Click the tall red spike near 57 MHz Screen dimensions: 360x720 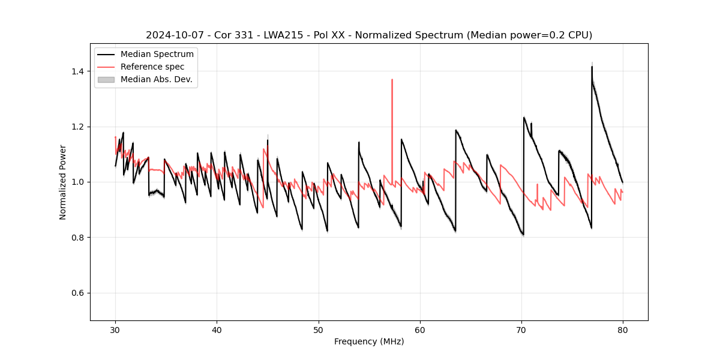click(x=392, y=80)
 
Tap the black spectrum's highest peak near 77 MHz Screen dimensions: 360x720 click(x=592, y=67)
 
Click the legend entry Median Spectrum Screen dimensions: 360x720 click(x=157, y=55)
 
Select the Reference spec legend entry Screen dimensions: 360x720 click(x=152, y=67)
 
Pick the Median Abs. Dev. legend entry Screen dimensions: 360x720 click(x=156, y=79)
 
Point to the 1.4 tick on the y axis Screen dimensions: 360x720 click(x=79, y=71)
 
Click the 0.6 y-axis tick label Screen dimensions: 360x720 click(x=79, y=293)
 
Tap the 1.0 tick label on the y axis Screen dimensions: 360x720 click(x=79, y=182)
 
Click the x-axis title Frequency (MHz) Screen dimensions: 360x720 click(x=369, y=341)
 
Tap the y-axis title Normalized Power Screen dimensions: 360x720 click(x=62, y=182)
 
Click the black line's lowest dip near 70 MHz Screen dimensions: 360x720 click(x=523, y=235)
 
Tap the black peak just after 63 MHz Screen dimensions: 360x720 click(x=456, y=130)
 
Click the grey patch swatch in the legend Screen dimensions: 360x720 click(x=106, y=79)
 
